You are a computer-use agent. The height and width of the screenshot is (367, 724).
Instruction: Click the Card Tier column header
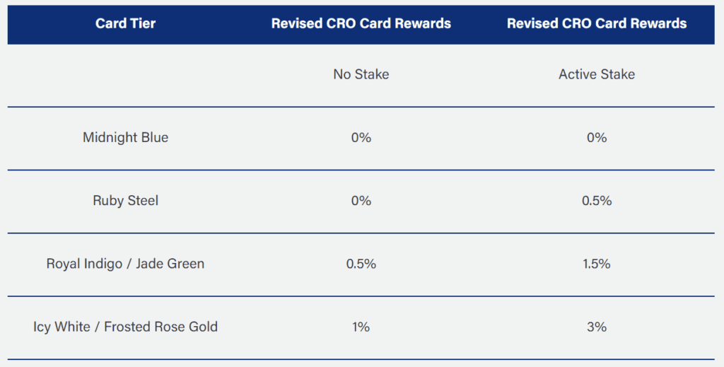click(x=126, y=23)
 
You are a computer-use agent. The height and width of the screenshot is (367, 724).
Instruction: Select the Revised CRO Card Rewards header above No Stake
click(x=361, y=23)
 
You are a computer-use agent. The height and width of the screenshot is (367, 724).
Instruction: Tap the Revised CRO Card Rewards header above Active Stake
click(x=597, y=23)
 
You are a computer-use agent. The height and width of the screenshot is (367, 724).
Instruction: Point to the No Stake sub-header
click(x=361, y=74)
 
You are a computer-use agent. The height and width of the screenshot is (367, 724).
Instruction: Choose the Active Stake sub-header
click(x=597, y=74)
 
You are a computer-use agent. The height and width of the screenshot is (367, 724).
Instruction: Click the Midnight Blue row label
click(x=126, y=138)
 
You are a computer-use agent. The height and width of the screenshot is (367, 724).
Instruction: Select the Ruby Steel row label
click(x=126, y=200)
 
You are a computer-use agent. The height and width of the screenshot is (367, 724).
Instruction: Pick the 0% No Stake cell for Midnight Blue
click(x=361, y=138)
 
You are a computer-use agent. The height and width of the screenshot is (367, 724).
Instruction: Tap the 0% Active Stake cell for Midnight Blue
click(x=597, y=138)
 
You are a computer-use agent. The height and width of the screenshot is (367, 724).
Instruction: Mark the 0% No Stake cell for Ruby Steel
click(x=361, y=200)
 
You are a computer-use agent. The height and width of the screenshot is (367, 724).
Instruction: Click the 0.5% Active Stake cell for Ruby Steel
click(x=597, y=200)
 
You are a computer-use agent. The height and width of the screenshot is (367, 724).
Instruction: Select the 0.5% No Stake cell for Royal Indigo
click(x=361, y=264)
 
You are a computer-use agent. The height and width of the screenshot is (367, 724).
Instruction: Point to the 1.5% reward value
click(x=597, y=264)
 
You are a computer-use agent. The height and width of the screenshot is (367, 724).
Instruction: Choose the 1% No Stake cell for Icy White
click(x=361, y=327)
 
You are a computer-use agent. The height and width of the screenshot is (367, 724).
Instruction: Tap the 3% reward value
click(x=597, y=327)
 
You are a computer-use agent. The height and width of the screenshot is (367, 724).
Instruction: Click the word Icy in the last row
click(x=42, y=327)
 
